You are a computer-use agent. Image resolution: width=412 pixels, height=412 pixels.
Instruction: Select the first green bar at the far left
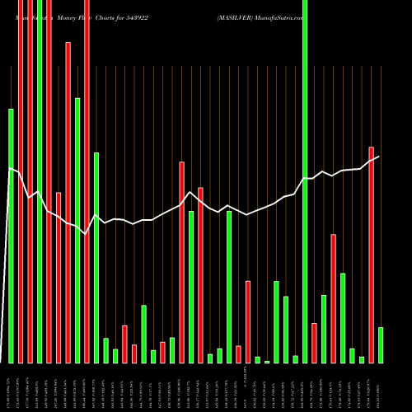11,235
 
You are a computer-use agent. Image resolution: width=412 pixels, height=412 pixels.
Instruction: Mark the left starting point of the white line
9,168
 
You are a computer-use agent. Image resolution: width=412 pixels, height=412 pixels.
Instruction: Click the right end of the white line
379,157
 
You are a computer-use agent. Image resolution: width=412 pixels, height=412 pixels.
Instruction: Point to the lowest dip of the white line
86,235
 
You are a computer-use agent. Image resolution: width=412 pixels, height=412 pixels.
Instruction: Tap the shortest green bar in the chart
267,361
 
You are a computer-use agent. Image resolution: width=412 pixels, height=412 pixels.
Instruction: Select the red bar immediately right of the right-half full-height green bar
314,342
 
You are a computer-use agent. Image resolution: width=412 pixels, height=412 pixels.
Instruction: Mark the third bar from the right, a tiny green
361,359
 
